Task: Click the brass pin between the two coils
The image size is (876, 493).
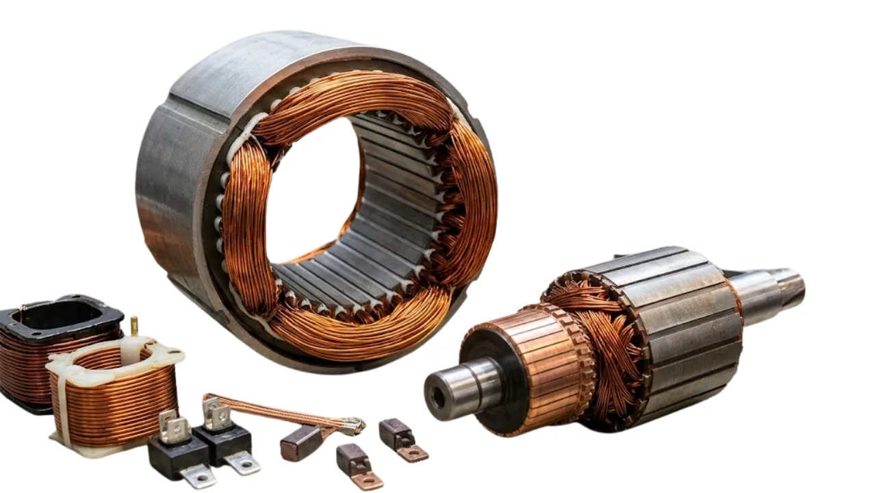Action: [x=134, y=325]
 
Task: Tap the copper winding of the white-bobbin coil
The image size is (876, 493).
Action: [x=116, y=404]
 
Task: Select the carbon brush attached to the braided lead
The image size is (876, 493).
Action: [x=301, y=442]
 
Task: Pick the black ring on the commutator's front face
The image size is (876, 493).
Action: [x=500, y=383]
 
